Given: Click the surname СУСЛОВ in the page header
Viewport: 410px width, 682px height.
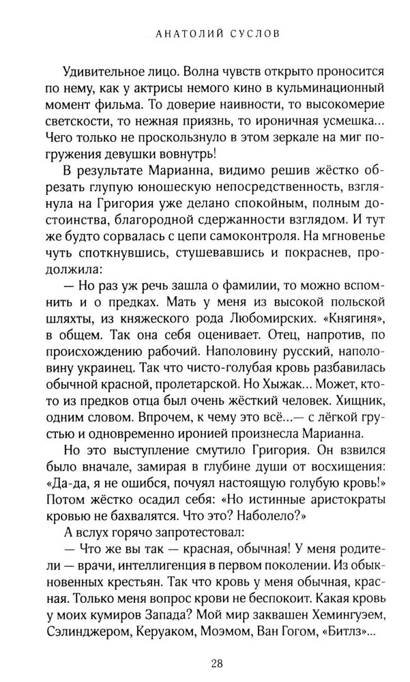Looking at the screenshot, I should point(242,32).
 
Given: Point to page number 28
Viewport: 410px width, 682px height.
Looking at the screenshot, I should point(205,662).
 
